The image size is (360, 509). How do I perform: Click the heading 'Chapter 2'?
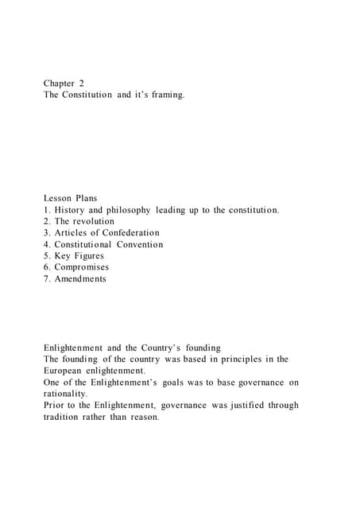[64, 82]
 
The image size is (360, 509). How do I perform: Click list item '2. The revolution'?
[79, 221]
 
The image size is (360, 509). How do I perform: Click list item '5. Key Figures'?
[74, 256]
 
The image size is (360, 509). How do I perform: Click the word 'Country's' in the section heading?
[165, 348]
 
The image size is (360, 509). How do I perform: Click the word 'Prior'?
[55, 406]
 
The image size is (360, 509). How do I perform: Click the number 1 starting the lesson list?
[46, 210]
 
